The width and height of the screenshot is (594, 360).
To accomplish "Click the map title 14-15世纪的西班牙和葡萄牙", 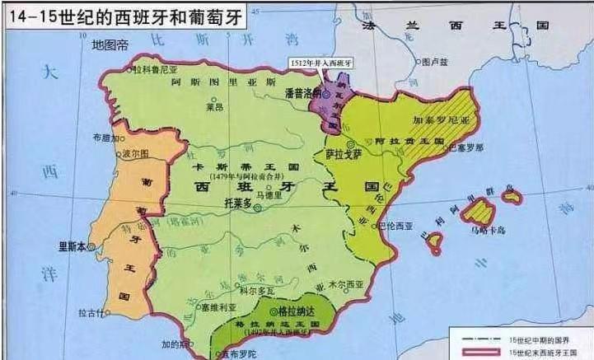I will pyautogui.click(x=124, y=16).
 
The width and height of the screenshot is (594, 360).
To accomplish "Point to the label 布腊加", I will pyautogui.click(x=106, y=138).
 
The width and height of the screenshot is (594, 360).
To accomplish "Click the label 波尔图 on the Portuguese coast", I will pyautogui.click(x=135, y=154).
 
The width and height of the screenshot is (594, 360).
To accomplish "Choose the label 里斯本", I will pyautogui.click(x=71, y=244).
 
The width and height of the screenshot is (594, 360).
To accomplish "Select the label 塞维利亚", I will pyautogui.click(x=218, y=306).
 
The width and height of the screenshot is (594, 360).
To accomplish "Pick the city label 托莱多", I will pyautogui.click(x=237, y=199).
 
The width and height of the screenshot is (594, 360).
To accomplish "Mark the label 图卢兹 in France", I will pyautogui.click(x=433, y=62).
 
